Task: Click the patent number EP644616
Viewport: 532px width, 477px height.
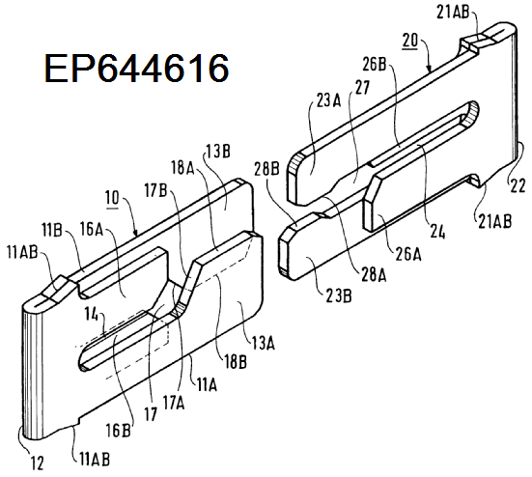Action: (x=136, y=69)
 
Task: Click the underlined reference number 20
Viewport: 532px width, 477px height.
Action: (x=410, y=41)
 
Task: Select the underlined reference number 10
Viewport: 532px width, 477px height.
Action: (x=112, y=199)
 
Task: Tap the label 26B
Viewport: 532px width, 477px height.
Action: (x=375, y=64)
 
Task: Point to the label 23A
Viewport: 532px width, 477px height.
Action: (x=328, y=101)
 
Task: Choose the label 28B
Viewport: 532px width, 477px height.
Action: (x=266, y=169)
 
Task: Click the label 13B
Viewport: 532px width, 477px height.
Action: (x=218, y=152)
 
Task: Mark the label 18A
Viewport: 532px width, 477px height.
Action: (x=182, y=167)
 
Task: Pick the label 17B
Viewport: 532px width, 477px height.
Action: (x=155, y=191)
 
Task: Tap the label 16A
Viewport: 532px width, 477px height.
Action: (x=92, y=229)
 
